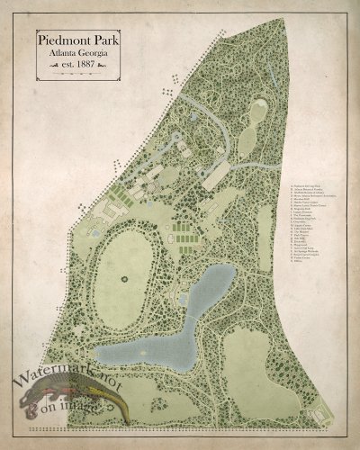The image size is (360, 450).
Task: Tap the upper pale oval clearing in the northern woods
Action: coord(255,112)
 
